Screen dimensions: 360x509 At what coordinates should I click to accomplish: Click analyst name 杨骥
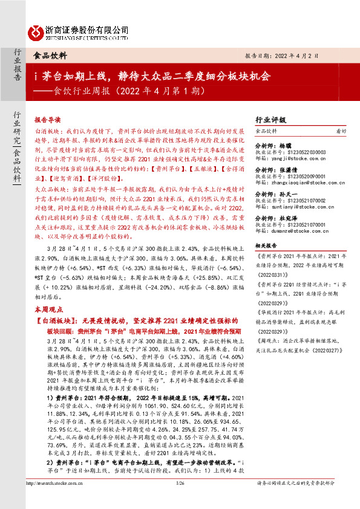coord(287,146)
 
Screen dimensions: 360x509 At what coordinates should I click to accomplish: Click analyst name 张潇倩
coord(290,170)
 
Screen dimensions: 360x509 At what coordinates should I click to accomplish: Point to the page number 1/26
coord(179,500)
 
